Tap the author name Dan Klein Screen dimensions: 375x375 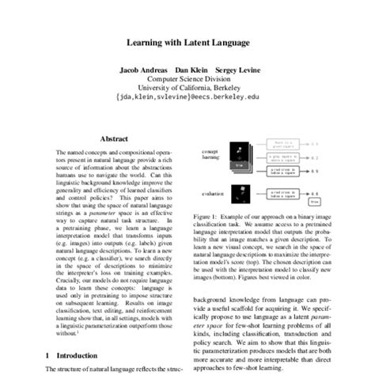pyautogui.click(x=191, y=69)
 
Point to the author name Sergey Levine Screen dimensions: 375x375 pyautogui.click(x=237, y=69)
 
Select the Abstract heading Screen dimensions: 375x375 pyautogui.click(x=116, y=136)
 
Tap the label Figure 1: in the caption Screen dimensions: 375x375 pyautogui.click(x=207, y=215)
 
